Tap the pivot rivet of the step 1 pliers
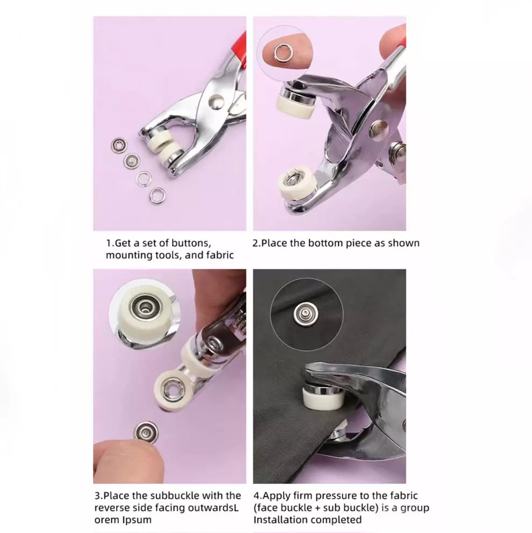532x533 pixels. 216,101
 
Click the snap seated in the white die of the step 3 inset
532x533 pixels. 146,307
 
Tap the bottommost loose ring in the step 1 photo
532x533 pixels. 157,195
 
